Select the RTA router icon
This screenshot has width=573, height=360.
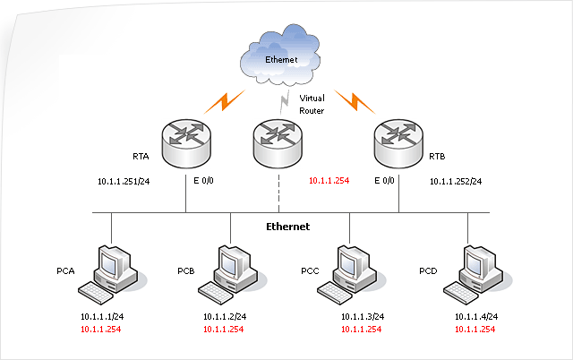186,143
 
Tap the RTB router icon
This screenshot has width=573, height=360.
398,143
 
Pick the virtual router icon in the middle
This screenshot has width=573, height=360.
278,143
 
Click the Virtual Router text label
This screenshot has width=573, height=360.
312,104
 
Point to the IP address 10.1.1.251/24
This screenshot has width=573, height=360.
124,181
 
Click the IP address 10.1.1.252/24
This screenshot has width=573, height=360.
456,181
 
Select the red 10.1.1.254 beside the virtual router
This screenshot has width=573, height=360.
329,181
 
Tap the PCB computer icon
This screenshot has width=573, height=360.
233,275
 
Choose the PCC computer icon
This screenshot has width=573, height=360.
352,275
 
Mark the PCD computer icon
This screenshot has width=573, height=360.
478,275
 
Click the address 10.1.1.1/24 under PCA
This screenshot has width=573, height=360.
102,316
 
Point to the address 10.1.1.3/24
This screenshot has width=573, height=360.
363,316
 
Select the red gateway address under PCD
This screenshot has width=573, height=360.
475,330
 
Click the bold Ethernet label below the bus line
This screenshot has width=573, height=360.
288,227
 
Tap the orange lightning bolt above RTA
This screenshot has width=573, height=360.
224,101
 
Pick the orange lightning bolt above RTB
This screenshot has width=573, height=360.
355,101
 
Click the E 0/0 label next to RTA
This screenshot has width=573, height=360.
203,181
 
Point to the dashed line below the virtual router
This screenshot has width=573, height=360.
278,193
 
